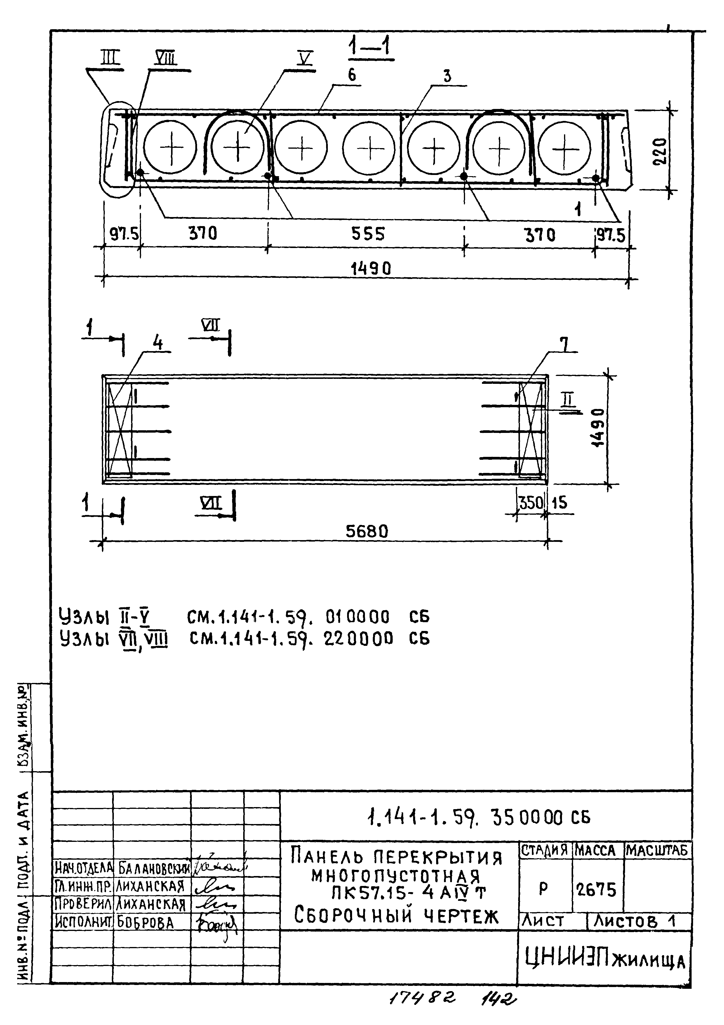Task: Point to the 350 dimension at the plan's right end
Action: tap(531, 503)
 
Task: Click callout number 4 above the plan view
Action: tap(158, 343)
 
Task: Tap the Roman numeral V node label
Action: tap(306, 58)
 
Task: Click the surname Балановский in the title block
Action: tap(152, 868)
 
